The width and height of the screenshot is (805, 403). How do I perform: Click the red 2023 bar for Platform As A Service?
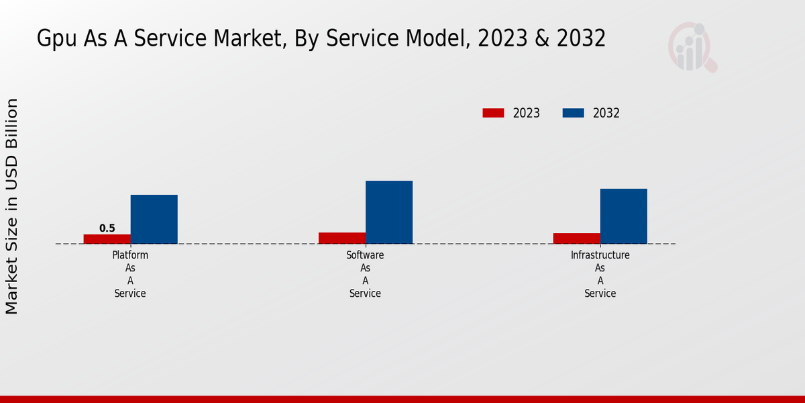point(107,238)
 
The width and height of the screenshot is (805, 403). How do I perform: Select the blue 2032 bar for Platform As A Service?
point(154,219)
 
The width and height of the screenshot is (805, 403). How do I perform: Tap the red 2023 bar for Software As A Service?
point(342,238)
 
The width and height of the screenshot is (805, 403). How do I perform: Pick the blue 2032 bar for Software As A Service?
point(389,212)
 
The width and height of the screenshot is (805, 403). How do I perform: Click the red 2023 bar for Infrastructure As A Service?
point(577,238)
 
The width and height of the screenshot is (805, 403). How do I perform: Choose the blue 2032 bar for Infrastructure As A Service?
point(624,216)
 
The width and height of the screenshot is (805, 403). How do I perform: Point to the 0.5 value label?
point(107,228)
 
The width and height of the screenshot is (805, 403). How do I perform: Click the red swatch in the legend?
point(493,113)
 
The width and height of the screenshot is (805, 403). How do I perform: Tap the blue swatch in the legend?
point(573,113)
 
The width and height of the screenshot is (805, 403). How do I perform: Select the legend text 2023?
point(527,113)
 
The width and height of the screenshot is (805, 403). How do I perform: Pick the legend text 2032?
point(606,113)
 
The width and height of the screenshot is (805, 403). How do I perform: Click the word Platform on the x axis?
point(130,255)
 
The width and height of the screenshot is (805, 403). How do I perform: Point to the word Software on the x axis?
point(365,255)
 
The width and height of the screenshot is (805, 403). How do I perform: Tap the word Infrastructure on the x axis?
point(600,255)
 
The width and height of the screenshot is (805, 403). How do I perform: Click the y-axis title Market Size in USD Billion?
point(12,206)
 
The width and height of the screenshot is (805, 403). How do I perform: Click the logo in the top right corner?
point(692,47)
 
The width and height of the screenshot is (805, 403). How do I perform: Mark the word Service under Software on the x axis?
point(365,294)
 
